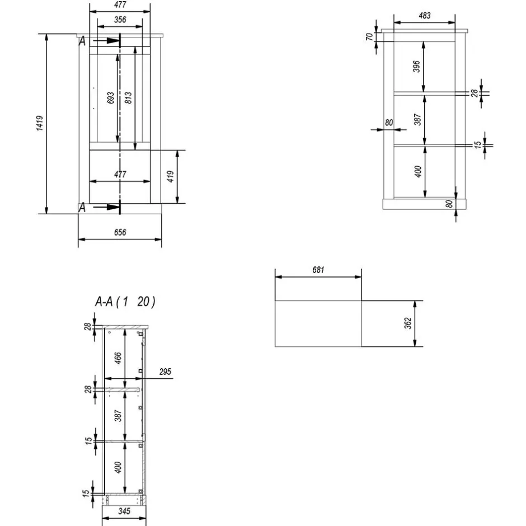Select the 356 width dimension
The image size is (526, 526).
coord(119,20)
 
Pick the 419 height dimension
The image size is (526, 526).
coord(171,177)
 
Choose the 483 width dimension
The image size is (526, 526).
coord(424,16)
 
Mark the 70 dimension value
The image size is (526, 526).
coord(369,37)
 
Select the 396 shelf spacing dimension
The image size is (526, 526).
coord(416,67)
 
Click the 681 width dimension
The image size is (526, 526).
coord(318,270)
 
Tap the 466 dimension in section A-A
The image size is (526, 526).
coord(118,358)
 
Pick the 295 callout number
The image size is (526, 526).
coord(164,372)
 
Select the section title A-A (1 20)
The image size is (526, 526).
coord(125,302)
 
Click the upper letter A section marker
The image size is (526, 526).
coord(82,41)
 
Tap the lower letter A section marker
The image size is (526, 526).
coord(82,208)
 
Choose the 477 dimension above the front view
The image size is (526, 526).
coord(120,5)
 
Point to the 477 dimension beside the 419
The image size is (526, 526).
coord(120,174)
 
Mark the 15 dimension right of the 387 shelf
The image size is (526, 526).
coord(477,144)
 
